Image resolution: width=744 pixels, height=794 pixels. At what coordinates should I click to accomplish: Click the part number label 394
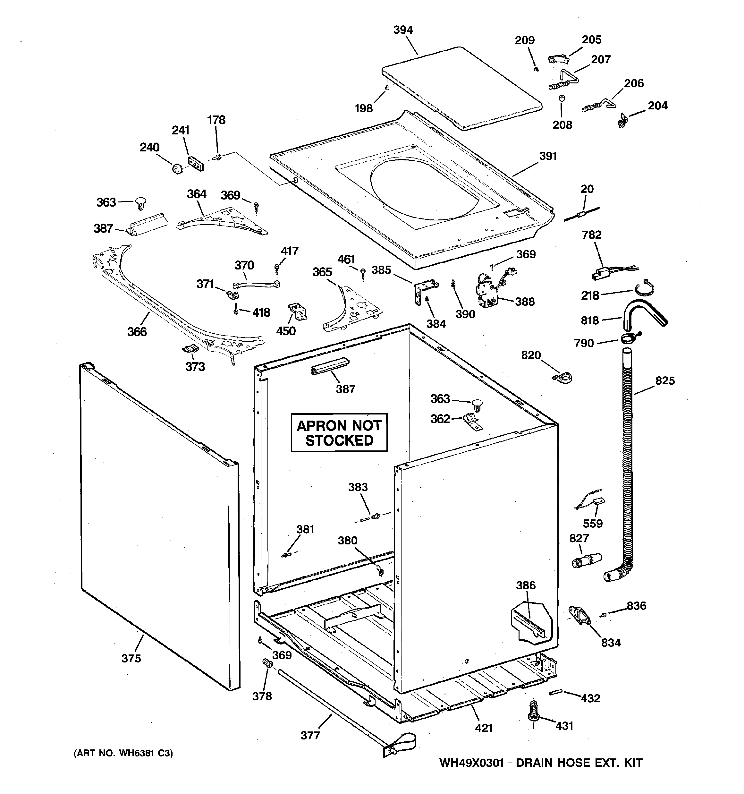pos(403,30)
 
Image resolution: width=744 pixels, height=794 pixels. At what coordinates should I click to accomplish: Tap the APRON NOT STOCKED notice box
pos(339,432)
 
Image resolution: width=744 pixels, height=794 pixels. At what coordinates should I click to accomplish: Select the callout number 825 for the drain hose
pos(664,380)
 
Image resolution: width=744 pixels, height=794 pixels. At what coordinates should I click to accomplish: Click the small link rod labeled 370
pos(256,284)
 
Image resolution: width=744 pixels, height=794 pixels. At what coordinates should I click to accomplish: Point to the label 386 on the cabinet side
pos(526,585)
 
